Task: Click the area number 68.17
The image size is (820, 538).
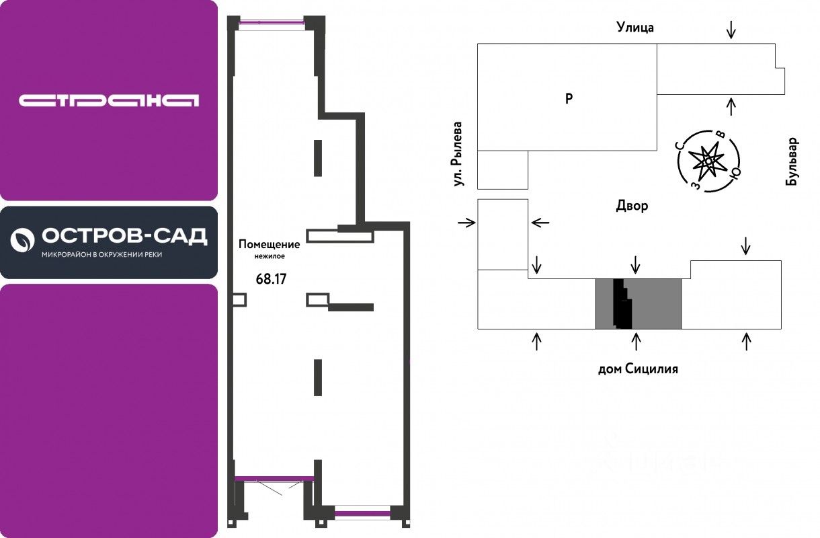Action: [272, 278]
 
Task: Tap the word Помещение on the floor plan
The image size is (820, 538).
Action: [269, 245]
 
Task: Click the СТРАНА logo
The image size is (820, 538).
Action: [109, 101]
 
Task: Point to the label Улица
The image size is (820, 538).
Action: [635, 28]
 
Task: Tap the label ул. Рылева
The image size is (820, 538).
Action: [458, 153]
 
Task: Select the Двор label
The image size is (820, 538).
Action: [632, 206]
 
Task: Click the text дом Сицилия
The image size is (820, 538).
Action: [638, 369]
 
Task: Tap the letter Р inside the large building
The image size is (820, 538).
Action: [569, 99]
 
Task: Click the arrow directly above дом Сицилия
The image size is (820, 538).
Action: [637, 342]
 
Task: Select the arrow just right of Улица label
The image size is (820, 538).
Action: [731, 28]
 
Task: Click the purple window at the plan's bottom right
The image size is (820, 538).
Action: [362, 514]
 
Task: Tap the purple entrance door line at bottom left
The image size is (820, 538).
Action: [274, 479]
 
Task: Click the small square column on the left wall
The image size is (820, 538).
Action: [239, 300]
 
